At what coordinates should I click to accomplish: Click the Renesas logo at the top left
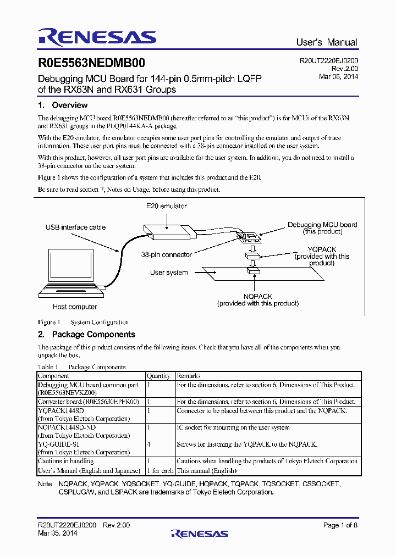pyautogui.click(x=97, y=37)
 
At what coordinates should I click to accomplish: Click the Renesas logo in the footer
pyautogui.click(x=199, y=533)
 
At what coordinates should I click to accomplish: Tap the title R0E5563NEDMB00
pyautogui.click(x=91, y=64)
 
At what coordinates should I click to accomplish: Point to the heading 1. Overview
pyautogui.click(x=62, y=105)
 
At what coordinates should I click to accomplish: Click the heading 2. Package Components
pyautogui.click(x=86, y=334)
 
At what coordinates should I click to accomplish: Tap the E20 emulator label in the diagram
pyautogui.click(x=166, y=206)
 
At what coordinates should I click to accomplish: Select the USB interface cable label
pyautogui.click(x=76, y=227)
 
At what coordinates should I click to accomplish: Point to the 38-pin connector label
pyautogui.click(x=166, y=255)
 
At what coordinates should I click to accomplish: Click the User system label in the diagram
pyautogui.click(x=169, y=273)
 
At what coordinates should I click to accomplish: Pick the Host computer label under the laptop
pyautogui.click(x=75, y=307)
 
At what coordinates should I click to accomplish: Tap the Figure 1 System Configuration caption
pyautogui.click(x=83, y=322)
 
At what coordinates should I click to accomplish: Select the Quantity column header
pyautogui.click(x=158, y=376)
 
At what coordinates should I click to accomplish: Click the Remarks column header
pyautogui.click(x=189, y=376)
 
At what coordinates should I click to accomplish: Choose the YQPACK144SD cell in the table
pyautogui.click(x=61, y=410)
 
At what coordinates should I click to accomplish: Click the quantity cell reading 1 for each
pyautogui.click(x=160, y=470)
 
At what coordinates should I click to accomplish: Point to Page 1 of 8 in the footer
pyautogui.click(x=340, y=525)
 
